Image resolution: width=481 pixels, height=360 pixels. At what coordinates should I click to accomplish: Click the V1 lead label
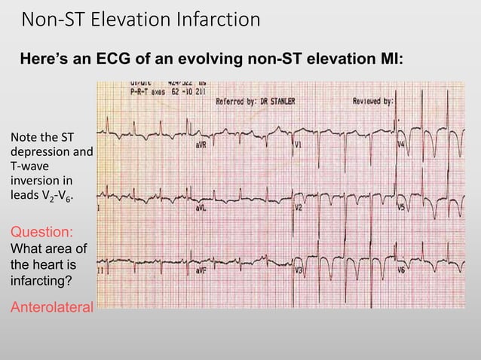pos(299,143)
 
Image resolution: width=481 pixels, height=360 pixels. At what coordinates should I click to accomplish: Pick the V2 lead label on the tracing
pos(299,206)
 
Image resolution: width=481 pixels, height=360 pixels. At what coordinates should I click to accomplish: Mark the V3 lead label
pos(299,270)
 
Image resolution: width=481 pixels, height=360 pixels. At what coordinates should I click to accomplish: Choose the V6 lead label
pos(403,270)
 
